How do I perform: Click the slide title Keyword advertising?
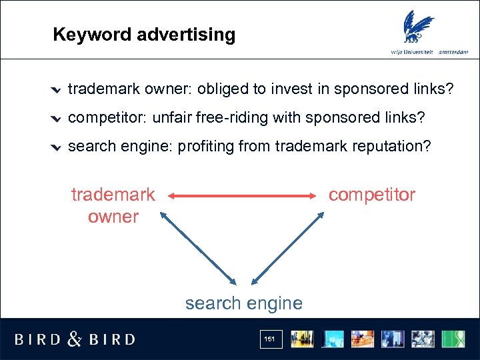coord(144,35)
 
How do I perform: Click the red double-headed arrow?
coord(243,196)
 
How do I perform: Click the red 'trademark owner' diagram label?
coord(113,205)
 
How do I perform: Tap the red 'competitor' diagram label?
coord(371,195)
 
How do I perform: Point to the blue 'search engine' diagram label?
coord(243,303)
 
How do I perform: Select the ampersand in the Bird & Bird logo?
coord(75,339)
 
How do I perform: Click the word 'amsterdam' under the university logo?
coord(453,51)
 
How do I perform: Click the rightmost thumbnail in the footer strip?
coord(454,339)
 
